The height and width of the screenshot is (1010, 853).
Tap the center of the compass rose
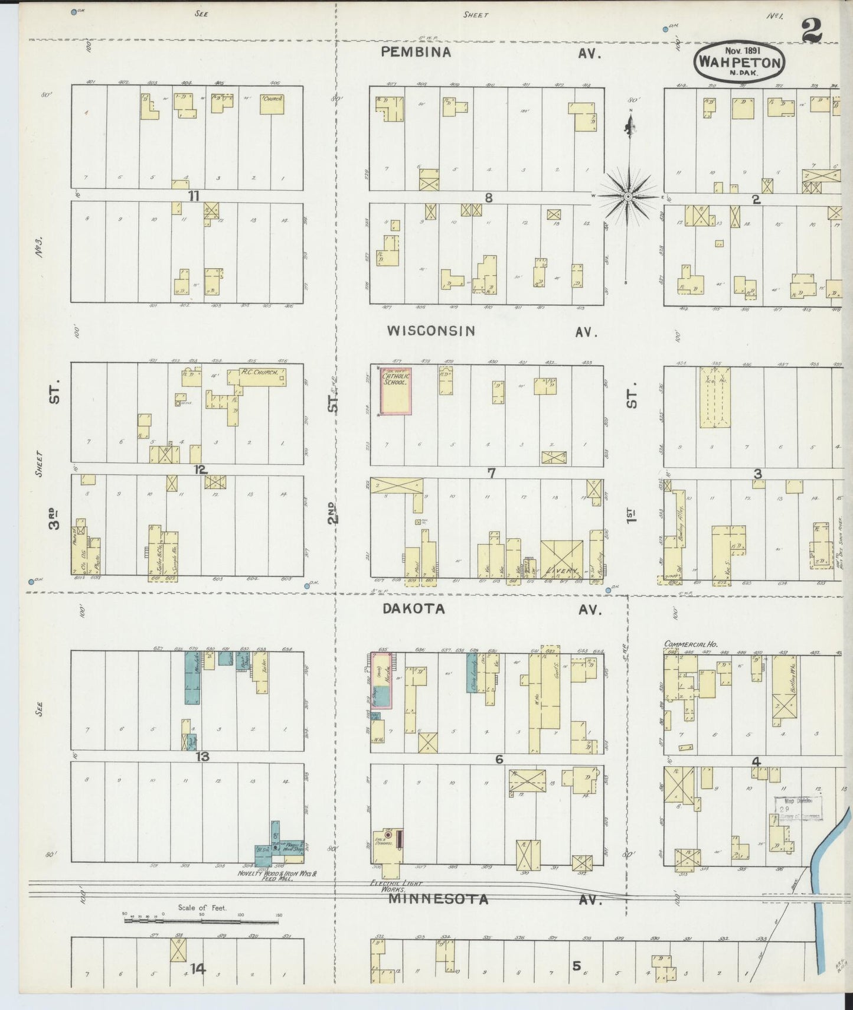[629, 196]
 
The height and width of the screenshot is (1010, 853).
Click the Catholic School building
[396, 392]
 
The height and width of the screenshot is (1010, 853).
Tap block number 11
[194, 196]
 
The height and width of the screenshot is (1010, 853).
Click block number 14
[197, 968]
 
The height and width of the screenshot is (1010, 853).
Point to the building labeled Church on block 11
[272, 104]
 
